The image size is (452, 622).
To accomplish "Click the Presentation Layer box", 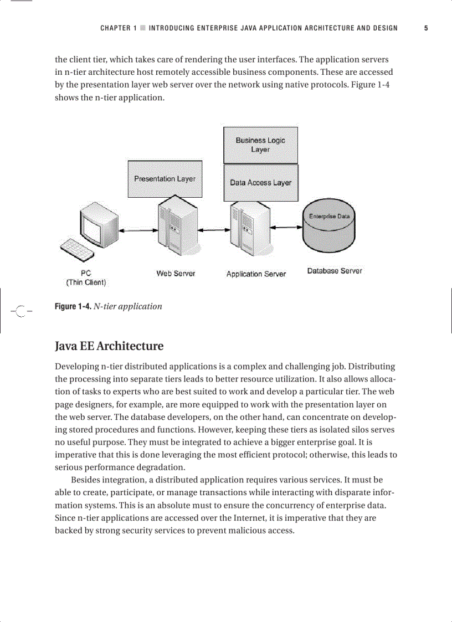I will point(165,179).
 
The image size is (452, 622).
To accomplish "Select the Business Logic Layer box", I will point(260,145).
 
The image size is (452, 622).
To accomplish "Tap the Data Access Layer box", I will point(260,183).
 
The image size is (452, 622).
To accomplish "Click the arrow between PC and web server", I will point(136,231).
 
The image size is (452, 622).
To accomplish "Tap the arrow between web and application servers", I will point(213,230).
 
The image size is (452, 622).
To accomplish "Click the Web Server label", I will point(176,274).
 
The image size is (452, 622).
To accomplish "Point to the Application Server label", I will point(256,274).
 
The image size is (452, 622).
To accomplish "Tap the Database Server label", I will point(335,271).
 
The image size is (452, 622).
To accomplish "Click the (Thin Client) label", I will point(86,282).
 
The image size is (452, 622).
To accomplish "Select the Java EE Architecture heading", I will point(109,346).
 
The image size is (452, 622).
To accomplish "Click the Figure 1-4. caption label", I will point(73,306).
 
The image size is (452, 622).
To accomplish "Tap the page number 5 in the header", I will point(426,28).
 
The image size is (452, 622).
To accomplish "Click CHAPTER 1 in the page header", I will point(118,28).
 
